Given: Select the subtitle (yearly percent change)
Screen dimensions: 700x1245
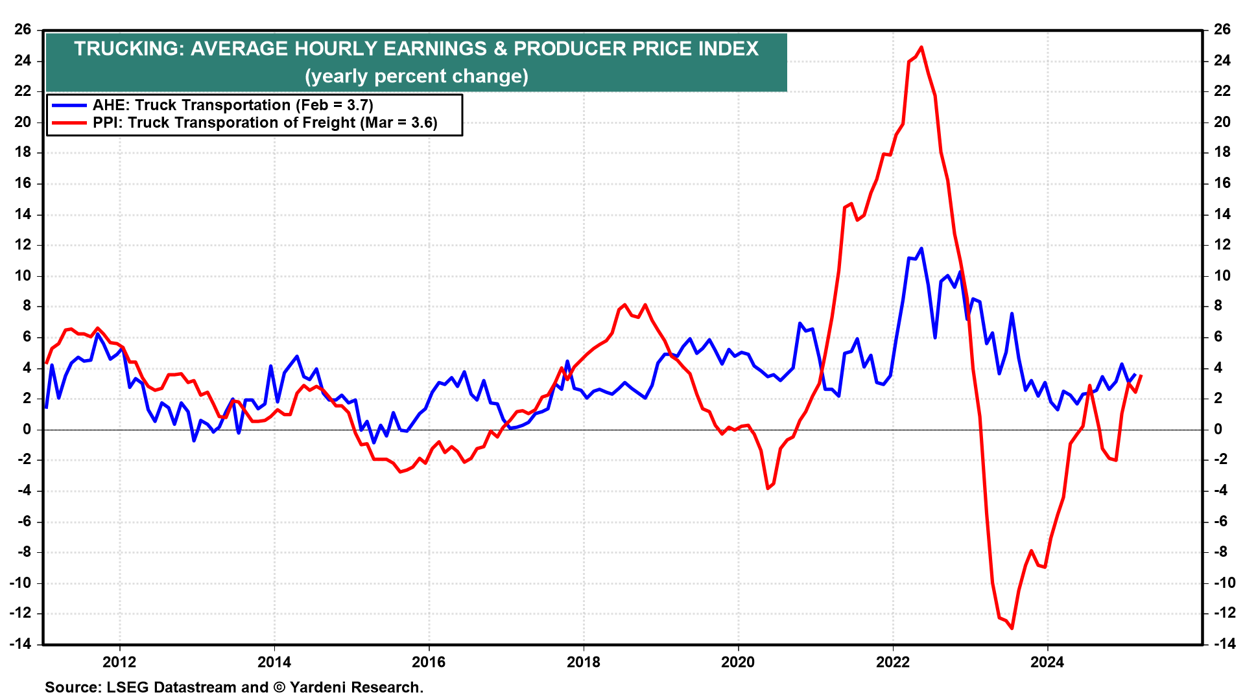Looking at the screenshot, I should [416, 76].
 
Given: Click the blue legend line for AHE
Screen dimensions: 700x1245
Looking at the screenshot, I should [69, 105].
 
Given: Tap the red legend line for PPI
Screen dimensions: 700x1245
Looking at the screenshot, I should [69, 122].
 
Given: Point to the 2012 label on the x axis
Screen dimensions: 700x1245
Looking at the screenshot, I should [119, 662].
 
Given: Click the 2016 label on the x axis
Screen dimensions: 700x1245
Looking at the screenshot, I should [429, 662].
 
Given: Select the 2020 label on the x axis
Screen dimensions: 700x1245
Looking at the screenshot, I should [738, 662].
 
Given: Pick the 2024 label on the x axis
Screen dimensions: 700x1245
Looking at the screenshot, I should [1047, 662].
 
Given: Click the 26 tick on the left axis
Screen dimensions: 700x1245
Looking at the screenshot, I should [23, 30].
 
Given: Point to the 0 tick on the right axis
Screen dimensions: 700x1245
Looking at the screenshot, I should [1218, 429].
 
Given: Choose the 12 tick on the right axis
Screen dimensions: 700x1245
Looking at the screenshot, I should [1222, 245].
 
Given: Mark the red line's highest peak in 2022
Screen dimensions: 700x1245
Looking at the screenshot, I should [921, 47].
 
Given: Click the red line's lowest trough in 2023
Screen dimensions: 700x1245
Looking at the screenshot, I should [1012, 627].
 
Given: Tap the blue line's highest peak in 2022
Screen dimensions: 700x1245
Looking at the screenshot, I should [921, 248].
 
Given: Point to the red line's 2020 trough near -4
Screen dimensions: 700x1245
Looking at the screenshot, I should [768, 488].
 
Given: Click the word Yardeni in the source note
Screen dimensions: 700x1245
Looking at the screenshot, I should [318, 688].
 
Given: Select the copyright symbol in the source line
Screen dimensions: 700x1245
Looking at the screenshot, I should [279, 688].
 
